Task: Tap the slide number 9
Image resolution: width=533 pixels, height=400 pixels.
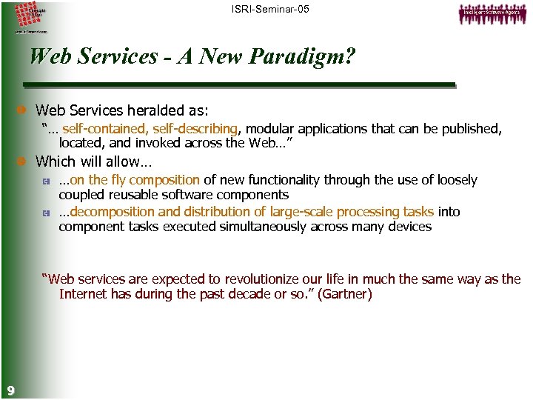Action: [x=9, y=390]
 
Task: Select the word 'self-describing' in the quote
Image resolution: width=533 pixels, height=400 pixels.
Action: [x=194, y=129]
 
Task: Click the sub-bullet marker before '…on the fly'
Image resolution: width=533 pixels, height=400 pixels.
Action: [x=46, y=181]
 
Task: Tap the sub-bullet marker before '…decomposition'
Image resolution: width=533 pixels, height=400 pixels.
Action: [x=46, y=213]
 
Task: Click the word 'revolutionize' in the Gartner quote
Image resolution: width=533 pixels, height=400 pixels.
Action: [x=228, y=279]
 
